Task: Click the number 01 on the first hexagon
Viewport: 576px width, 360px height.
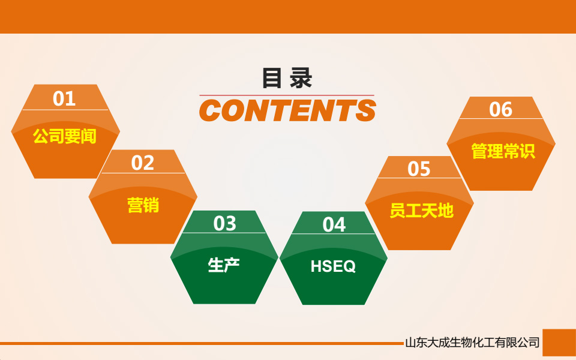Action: coord(64,98)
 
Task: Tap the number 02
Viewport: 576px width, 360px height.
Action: coord(143,163)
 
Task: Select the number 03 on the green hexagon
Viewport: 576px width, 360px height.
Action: coord(225,223)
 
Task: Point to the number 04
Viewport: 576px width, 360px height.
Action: coord(334,224)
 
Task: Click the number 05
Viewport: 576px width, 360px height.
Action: coord(419,169)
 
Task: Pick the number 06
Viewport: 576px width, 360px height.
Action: coord(501,109)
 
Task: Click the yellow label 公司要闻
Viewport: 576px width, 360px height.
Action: coord(64,136)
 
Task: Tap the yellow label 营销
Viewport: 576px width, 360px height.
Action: coord(143,205)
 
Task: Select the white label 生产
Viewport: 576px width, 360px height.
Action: coord(224,265)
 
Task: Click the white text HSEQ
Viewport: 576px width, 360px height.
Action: coord(333,266)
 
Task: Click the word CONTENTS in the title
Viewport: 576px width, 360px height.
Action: coord(287,111)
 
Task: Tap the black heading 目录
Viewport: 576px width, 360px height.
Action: coord(287,79)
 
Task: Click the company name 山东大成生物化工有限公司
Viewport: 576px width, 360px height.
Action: coord(472,343)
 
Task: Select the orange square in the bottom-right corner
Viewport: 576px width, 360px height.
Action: coord(559,343)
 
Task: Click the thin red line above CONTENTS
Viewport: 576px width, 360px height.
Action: coord(287,95)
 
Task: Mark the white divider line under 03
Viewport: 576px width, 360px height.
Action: coord(225,233)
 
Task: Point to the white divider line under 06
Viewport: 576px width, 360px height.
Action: coord(501,119)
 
